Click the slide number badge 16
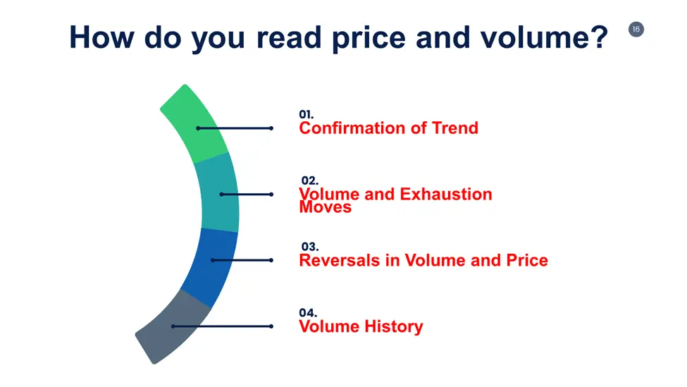636,30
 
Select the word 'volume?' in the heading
545,37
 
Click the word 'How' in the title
101,37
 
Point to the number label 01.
307,114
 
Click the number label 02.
310,180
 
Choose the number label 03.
310,247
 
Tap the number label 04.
308,313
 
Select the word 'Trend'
454,128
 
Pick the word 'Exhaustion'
446,194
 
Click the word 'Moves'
325,207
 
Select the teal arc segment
218,193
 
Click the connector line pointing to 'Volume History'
222,326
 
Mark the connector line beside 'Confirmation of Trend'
235,128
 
